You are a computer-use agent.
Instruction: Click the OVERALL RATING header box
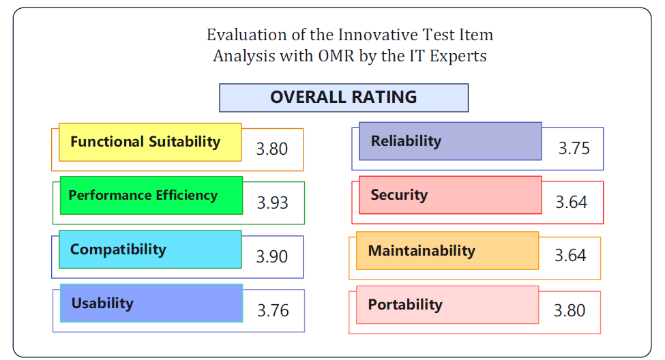click(x=344, y=97)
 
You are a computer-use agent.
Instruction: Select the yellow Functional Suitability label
click(x=150, y=142)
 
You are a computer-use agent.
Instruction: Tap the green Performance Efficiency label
click(x=151, y=196)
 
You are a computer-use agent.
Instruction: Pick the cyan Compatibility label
click(x=150, y=250)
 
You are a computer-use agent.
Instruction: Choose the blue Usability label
click(x=151, y=303)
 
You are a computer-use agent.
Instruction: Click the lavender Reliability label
click(x=450, y=141)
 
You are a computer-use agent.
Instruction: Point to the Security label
click(x=450, y=195)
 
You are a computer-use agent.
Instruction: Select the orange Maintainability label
click(x=447, y=251)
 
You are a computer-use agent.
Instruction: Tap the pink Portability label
click(x=447, y=305)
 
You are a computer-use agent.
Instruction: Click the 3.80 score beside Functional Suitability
click(x=272, y=149)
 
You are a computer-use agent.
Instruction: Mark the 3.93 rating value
click(x=273, y=202)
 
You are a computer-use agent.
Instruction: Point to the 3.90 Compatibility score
click(x=272, y=256)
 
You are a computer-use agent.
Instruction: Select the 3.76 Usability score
click(x=273, y=310)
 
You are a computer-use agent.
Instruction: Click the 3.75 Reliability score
click(x=574, y=149)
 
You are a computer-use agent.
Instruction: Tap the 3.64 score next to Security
click(x=572, y=202)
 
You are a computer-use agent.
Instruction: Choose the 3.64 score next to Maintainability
click(x=570, y=255)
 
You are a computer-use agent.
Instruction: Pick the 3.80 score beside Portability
click(x=570, y=310)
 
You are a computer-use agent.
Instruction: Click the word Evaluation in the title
click(x=247, y=35)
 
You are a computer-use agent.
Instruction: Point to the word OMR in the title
click(x=336, y=56)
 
